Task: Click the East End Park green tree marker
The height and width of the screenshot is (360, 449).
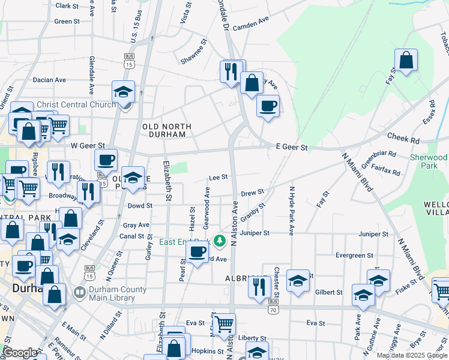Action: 220,241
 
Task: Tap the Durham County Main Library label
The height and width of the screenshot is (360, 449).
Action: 118,293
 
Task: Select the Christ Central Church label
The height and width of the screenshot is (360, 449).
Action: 76,104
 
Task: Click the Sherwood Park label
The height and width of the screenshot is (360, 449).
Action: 429,161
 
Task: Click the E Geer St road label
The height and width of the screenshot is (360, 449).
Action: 292,147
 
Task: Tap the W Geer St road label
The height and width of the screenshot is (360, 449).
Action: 88,145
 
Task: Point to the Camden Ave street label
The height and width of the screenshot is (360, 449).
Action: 250,23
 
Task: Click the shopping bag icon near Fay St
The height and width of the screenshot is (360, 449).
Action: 406,60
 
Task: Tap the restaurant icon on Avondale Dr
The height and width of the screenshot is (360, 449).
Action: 231,71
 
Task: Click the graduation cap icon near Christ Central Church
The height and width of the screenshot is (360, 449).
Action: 123,92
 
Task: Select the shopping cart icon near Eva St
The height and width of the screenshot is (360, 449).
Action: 223,325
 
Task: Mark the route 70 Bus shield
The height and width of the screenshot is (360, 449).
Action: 273,305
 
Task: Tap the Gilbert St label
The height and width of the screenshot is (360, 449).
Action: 328,292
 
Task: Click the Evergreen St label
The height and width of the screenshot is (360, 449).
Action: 354,255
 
